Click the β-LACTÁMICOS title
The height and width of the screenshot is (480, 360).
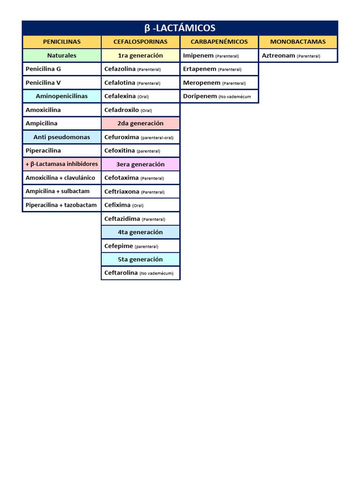tap(180, 28)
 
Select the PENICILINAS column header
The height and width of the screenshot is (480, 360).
tap(62, 42)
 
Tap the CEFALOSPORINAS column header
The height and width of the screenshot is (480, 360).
tap(141, 42)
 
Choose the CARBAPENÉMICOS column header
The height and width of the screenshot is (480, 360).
tap(219, 42)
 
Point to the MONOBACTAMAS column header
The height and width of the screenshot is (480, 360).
tap(298, 42)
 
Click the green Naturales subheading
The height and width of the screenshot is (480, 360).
tap(62, 55)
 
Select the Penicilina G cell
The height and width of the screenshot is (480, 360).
tap(62, 69)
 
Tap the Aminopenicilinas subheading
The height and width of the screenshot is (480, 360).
tap(62, 96)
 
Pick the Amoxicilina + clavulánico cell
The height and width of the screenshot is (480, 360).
tap(62, 178)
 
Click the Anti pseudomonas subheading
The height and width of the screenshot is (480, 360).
tap(62, 137)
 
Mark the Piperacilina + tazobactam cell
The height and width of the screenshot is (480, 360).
tap(62, 205)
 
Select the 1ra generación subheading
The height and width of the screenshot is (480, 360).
tap(141, 55)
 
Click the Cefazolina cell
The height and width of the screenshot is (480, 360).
tap(141, 69)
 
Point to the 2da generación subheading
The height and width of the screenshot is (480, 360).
tap(141, 123)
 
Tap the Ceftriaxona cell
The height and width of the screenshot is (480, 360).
tap(141, 191)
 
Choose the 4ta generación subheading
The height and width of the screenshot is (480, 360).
tap(141, 232)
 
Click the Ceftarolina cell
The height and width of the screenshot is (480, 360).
tap(141, 273)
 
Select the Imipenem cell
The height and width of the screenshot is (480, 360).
tap(219, 55)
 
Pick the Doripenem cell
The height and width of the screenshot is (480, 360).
tap(219, 96)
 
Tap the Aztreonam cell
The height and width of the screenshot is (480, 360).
tap(298, 55)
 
